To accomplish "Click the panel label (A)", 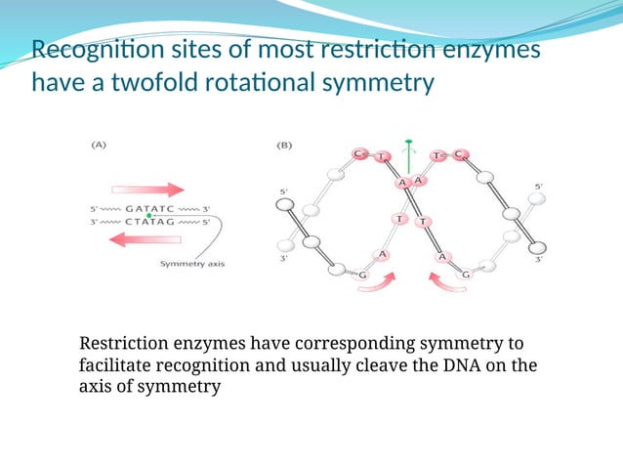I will click(x=99, y=145).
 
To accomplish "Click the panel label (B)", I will click(x=285, y=145).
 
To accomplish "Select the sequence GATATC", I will click(x=148, y=208).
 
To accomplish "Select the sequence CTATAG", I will click(x=148, y=222).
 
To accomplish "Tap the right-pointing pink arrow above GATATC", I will click(x=146, y=190).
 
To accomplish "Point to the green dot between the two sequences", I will click(x=148, y=215).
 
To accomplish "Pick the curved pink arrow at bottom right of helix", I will click(x=444, y=282).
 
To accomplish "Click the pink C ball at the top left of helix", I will click(x=359, y=153).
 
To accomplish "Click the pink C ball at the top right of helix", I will click(x=460, y=153).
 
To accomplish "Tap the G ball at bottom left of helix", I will click(x=363, y=275).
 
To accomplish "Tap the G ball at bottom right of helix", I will click(x=467, y=275).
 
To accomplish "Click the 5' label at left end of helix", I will click(x=284, y=191).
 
